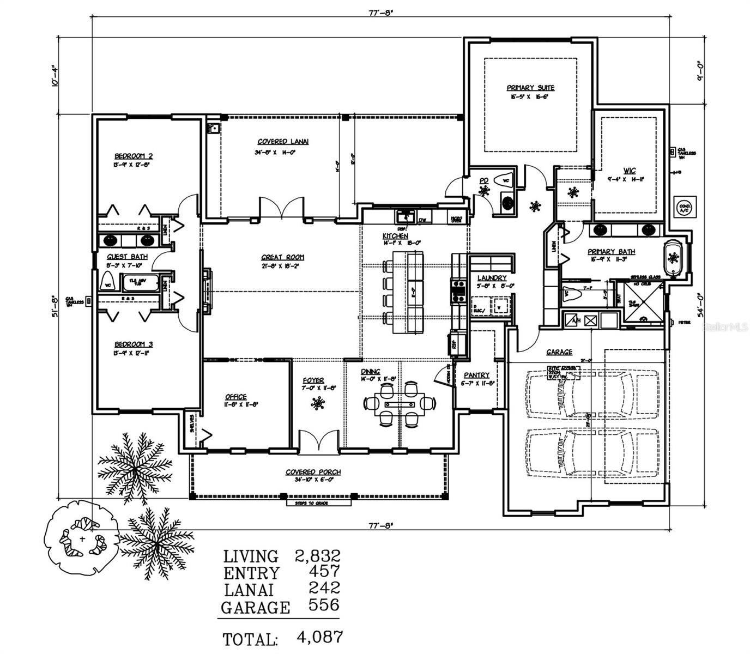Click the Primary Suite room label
pyautogui.click(x=530, y=88)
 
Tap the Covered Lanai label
pyautogui.click(x=283, y=142)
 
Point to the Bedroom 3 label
pyautogui.click(x=133, y=344)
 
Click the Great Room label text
pyautogui.click(x=282, y=257)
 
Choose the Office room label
pyautogui.click(x=235, y=397)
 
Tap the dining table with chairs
pyautogui.click(x=400, y=404)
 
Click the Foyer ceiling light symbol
pyautogui.click(x=317, y=404)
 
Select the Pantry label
pyautogui.click(x=476, y=376)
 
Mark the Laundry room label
pyautogui.click(x=492, y=278)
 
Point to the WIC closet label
pyautogui.click(x=630, y=171)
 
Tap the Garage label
pyautogui.click(x=559, y=352)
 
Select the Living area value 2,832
pyautogui.click(x=317, y=556)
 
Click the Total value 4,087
pyautogui.click(x=319, y=637)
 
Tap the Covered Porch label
pyautogui.click(x=313, y=472)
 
